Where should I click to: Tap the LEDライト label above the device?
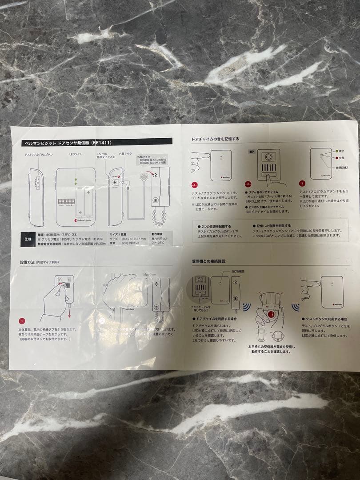pos(76,154)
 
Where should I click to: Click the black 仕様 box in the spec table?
pos(26,239)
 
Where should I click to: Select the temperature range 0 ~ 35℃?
pos(158,243)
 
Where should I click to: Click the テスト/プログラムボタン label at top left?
pos(39,154)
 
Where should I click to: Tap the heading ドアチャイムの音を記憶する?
pos(215,139)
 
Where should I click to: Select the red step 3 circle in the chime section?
pos(303,183)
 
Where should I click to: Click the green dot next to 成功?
pos(336,152)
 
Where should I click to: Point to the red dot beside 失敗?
pos(336,158)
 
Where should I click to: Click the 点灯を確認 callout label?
pos(238,271)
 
